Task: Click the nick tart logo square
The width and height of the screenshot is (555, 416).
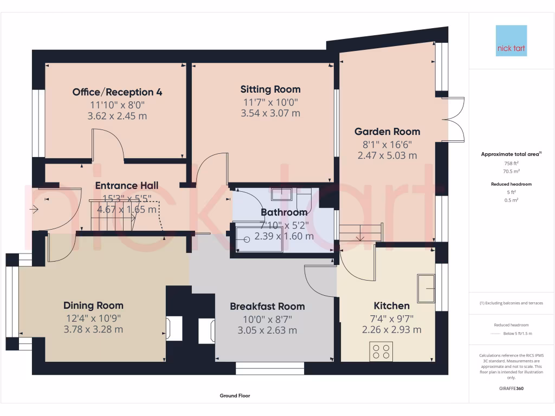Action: (x=511, y=41)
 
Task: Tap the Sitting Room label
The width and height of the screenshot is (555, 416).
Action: (x=270, y=89)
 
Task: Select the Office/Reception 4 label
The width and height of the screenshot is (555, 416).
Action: (x=118, y=92)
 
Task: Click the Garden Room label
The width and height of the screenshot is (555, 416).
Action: (x=387, y=131)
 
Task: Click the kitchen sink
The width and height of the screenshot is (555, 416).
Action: (x=425, y=288)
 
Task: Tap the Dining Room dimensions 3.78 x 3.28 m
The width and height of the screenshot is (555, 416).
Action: (x=93, y=329)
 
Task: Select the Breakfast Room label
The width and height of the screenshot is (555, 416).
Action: (x=267, y=306)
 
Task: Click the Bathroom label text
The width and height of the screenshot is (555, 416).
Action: (x=284, y=212)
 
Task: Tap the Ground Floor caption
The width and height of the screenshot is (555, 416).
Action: (x=235, y=396)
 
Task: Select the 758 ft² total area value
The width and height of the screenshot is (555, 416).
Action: (x=511, y=163)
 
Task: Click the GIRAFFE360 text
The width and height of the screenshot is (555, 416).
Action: (x=511, y=388)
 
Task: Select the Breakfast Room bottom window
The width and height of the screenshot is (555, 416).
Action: (x=269, y=369)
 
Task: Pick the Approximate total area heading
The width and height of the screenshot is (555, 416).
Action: (x=510, y=154)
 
